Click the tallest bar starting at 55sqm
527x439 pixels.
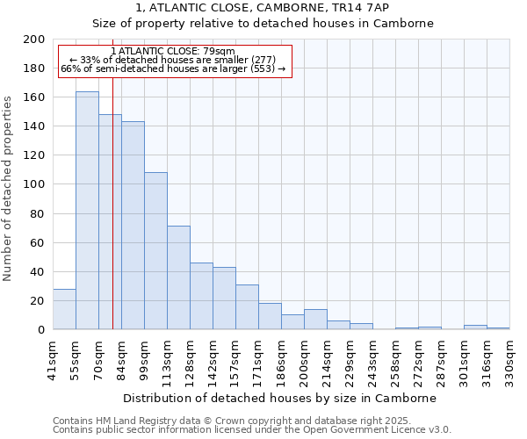(x=87, y=211)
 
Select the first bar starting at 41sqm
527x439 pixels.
(x=64, y=309)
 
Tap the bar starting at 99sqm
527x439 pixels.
(x=155, y=251)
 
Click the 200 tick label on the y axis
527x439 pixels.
(x=34, y=40)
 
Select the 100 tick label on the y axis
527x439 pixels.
(x=34, y=184)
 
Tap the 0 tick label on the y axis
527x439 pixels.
(x=40, y=330)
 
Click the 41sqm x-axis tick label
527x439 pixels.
(x=54, y=358)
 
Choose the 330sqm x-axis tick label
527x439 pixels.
(x=510, y=358)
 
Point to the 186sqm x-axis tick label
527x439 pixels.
(x=282, y=358)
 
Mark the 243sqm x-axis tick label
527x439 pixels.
(x=373, y=358)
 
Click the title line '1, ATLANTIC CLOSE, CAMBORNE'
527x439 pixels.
(x=263, y=8)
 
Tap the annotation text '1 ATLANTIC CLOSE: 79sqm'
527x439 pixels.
(x=173, y=52)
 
